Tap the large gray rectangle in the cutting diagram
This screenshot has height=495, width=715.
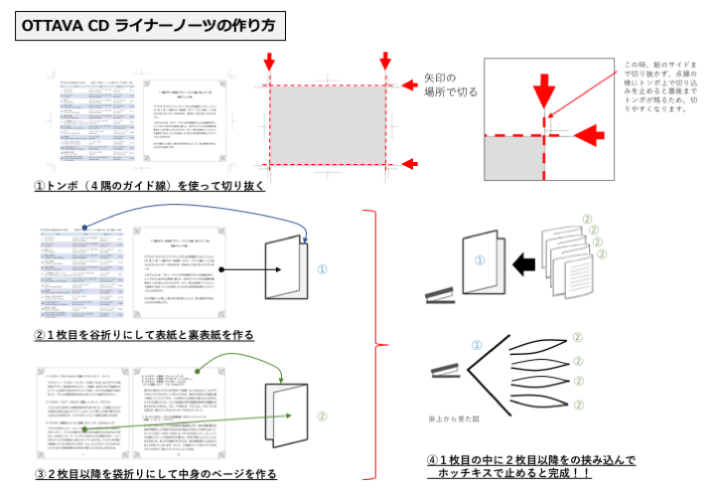click(327, 124)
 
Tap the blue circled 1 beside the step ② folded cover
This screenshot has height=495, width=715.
click(322, 268)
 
